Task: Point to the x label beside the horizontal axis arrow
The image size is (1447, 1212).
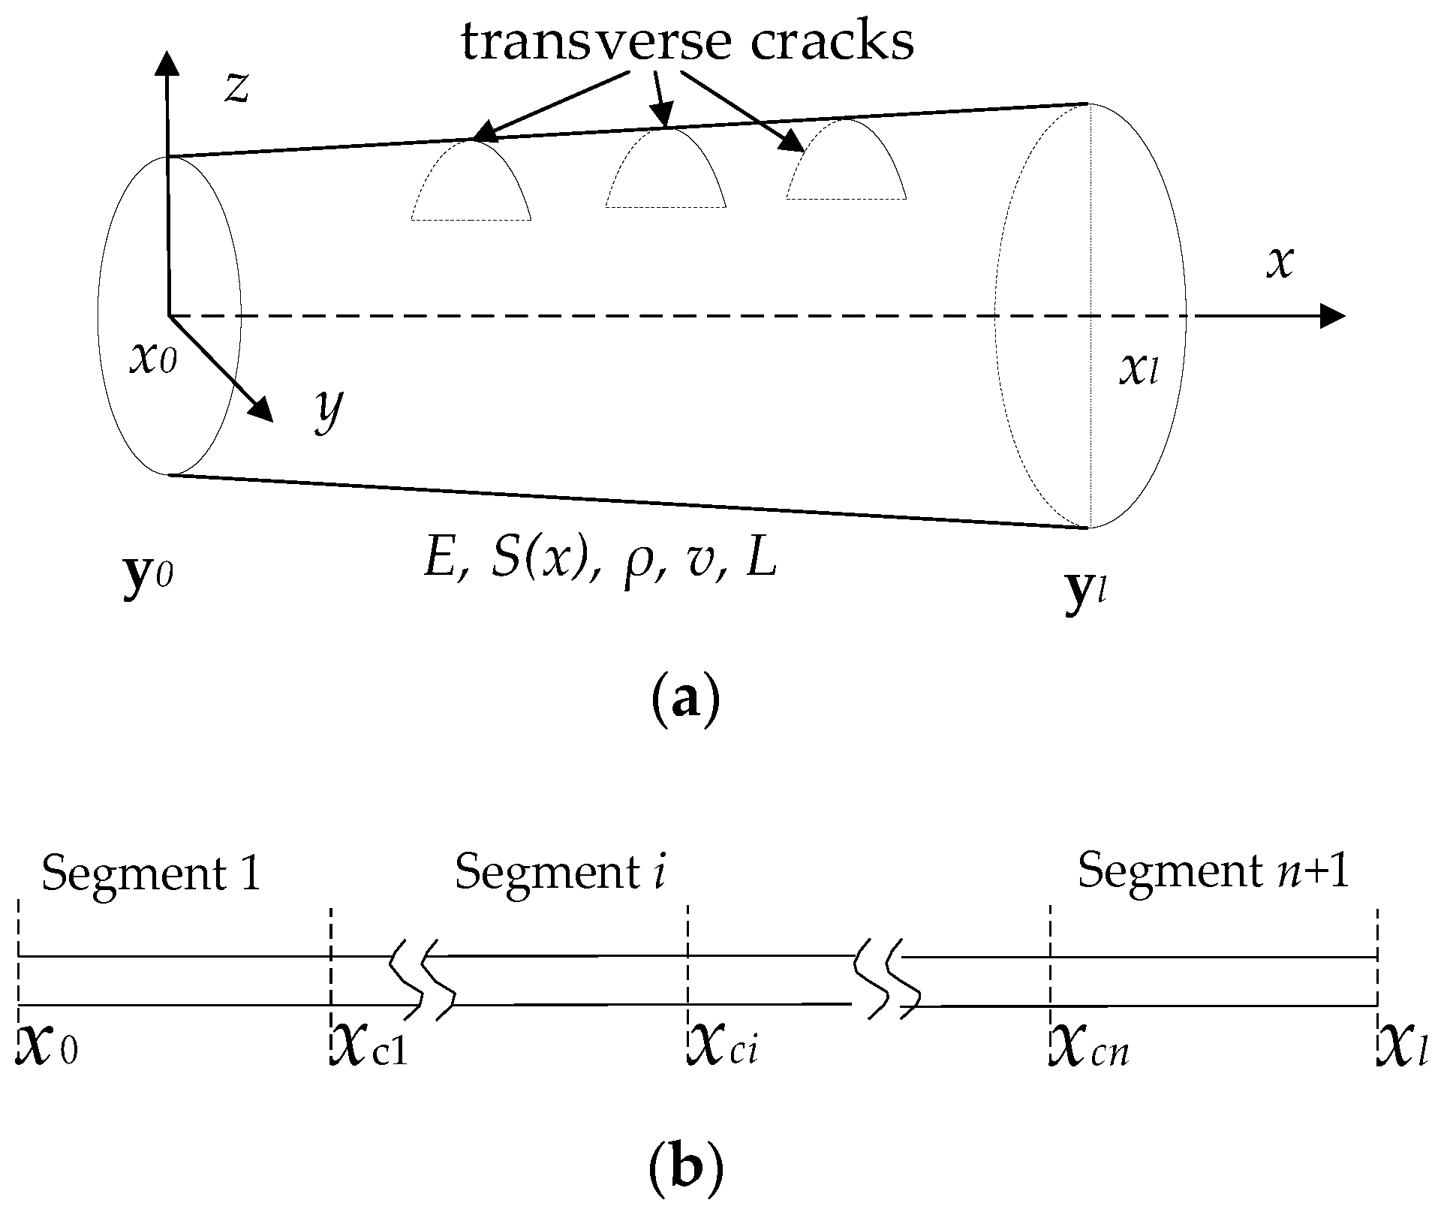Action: tap(1280, 263)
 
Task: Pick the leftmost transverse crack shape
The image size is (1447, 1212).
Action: tap(471, 184)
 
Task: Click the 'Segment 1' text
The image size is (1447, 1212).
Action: tap(151, 874)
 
